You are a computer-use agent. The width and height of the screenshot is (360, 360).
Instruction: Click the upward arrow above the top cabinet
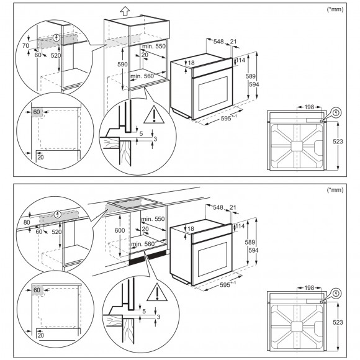(x=125, y=11)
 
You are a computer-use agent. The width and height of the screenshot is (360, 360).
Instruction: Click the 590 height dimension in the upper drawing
(x=122, y=65)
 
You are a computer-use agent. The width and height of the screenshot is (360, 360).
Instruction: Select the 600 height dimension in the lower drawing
(x=120, y=230)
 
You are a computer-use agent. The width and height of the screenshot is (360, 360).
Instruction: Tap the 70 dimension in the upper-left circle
(x=25, y=46)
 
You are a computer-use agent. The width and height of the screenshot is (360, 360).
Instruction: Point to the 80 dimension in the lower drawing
(x=27, y=222)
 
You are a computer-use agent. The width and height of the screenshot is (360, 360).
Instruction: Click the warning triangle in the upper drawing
(x=154, y=115)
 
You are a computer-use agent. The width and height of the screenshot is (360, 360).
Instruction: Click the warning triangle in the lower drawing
(x=157, y=292)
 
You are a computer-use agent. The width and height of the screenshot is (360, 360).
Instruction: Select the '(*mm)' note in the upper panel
(x=335, y=9)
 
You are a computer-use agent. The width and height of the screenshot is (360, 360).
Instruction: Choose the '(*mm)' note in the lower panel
(x=335, y=190)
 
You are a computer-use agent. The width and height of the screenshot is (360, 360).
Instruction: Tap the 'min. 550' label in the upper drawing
(x=153, y=47)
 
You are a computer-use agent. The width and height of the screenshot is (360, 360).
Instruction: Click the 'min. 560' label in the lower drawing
(x=143, y=244)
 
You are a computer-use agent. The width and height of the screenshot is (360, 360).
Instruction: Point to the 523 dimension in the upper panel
(x=338, y=142)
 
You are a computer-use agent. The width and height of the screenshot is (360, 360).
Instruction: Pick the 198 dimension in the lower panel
(x=309, y=287)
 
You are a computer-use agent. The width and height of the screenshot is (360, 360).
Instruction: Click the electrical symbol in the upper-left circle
(x=56, y=38)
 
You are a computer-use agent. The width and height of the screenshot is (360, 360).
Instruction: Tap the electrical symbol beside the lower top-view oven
(x=336, y=294)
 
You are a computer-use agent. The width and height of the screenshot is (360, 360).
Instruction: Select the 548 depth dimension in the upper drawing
(x=218, y=42)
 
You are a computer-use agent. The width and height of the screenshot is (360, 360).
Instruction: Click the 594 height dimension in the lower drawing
(x=253, y=250)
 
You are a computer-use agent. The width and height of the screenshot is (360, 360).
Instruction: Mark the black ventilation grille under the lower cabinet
(x=148, y=258)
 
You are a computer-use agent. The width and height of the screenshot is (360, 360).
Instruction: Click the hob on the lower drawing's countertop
(x=135, y=203)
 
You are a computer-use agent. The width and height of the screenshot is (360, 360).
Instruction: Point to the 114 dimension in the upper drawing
(x=241, y=60)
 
